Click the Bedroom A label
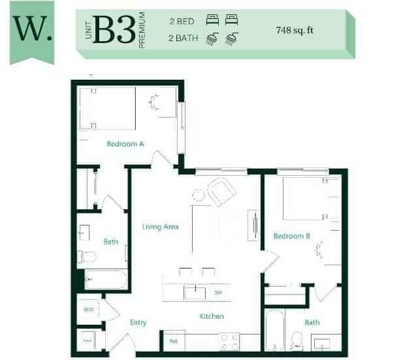point(125,144)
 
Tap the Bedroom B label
point(291,236)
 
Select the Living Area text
point(161,227)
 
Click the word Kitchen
point(212,316)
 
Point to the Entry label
point(138,322)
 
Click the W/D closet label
point(88,309)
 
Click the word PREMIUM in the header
point(141,31)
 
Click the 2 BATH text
point(183,39)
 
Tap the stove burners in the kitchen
point(229,340)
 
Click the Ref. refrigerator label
point(174,340)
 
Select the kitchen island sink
point(195,292)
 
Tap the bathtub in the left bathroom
point(105,280)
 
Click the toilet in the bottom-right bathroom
point(297,339)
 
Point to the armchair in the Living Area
point(221,191)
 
